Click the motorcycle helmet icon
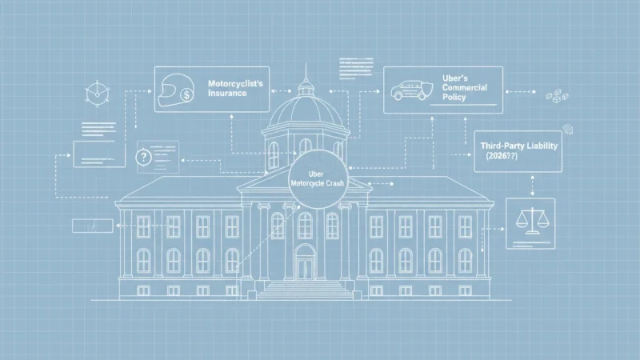(175, 90)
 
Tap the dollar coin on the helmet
(187, 96)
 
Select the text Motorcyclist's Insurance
(235, 88)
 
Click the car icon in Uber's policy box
(408, 90)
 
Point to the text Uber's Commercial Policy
(465, 87)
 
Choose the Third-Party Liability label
(518, 146)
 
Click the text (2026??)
(502, 156)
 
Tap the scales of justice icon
(531, 221)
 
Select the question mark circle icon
(144, 157)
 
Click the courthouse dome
(306, 110)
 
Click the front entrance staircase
(304, 290)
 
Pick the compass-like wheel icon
(98, 94)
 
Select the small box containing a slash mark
(93, 226)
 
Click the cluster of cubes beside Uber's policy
(557, 96)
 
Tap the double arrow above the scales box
(532, 186)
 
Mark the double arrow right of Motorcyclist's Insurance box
(282, 91)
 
